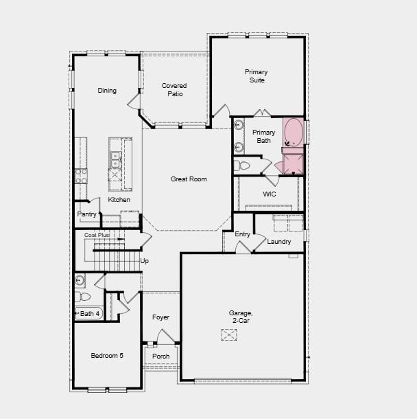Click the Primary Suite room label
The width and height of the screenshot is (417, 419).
(x=256, y=76)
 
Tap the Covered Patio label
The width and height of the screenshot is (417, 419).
(x=174, y=90)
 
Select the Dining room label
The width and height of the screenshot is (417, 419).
(x=107, y=91)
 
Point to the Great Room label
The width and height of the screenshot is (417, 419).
(x=189, y=179)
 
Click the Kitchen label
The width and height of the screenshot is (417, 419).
(x=119, y=200)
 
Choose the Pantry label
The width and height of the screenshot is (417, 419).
(x=87, y=214)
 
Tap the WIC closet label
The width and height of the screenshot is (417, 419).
(x=270, y=194)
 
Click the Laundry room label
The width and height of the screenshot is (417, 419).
(x=279, y=242)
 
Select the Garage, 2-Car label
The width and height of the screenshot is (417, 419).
(x=241, y=317)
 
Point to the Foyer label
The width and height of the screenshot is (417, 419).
(x=160, y=317)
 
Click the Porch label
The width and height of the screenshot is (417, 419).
(x=160, y=356)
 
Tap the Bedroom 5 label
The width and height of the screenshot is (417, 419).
(x=108, y=356)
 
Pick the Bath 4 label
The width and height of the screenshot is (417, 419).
(x=90, y=314)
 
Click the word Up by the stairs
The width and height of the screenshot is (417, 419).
(x=145, y=261)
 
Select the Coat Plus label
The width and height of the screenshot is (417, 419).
(x=97, y=235)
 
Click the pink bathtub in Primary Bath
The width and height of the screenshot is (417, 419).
(x=294, y=133)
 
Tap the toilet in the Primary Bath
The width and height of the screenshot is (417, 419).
(x=243, y=166)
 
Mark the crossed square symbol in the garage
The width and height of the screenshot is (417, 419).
(x=229, y=335)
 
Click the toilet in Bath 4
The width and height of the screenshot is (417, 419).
(x=84, y=297)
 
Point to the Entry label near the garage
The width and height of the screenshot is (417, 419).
(x=243, y=234)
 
